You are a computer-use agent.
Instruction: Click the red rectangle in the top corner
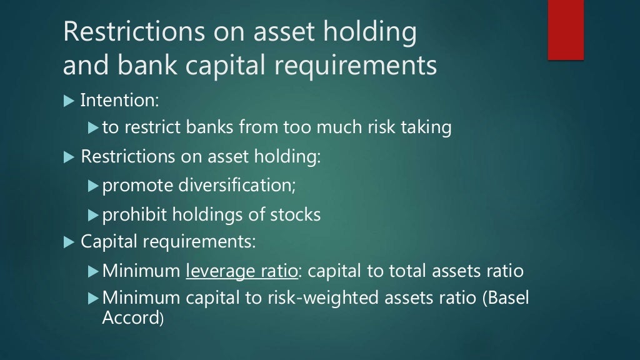coord(566,29)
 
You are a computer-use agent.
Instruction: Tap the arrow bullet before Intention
coord(69,100)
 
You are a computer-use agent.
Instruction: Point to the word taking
coord(426,127)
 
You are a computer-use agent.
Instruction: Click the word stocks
coord(295,215)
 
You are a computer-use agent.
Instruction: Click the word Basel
coord(504,299)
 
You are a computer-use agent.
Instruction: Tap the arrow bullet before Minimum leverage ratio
coord(93,272)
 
